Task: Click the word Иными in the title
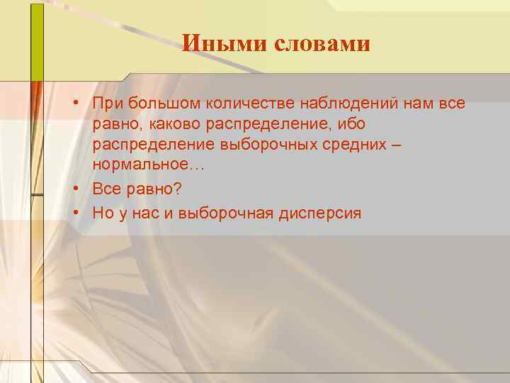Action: click(214, 44)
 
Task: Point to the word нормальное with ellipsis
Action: click(147, 164)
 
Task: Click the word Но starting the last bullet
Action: click(101, 212)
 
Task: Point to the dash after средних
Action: click(403, 145)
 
